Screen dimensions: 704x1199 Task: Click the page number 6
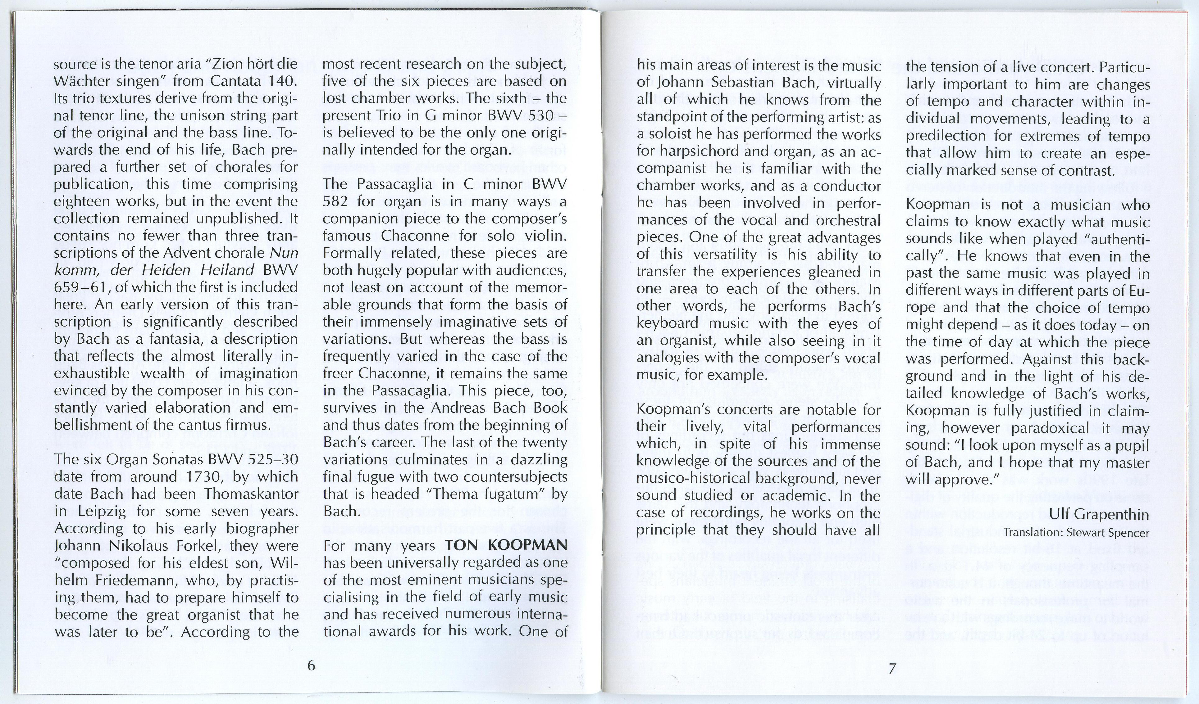click(x=311, y=665)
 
